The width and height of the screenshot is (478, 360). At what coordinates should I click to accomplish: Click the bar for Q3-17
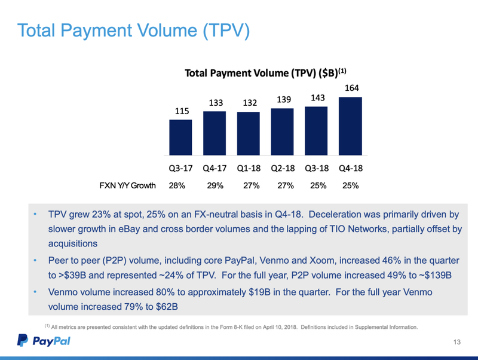point(180,138)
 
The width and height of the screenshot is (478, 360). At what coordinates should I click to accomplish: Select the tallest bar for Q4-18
point(350,126)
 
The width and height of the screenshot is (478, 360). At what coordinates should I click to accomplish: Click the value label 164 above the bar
point(350,88)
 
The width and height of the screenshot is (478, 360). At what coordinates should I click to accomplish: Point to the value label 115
point(181,111)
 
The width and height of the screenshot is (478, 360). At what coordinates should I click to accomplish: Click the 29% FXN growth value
point(215,185)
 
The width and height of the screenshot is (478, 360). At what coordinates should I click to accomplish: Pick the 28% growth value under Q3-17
point(177,185)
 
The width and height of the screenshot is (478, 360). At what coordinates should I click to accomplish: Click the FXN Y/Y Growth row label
point(127,185)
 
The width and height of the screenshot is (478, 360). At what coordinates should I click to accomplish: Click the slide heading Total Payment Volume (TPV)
point(133,31)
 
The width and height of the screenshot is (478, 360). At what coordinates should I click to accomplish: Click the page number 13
point(457,342)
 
